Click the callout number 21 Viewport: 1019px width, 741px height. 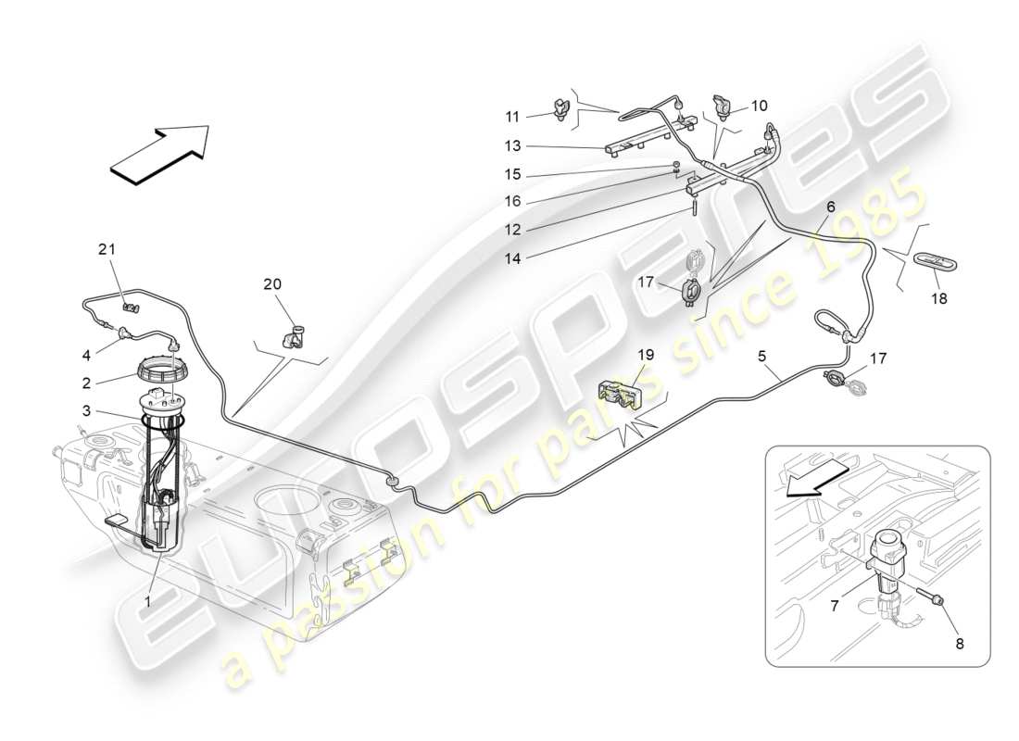point(108,248)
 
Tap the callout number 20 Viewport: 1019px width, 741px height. point(272,284)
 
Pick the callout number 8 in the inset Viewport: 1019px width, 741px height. point(959,644)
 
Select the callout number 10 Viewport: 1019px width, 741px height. point(760,106)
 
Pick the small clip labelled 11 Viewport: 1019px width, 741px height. point(562,109)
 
